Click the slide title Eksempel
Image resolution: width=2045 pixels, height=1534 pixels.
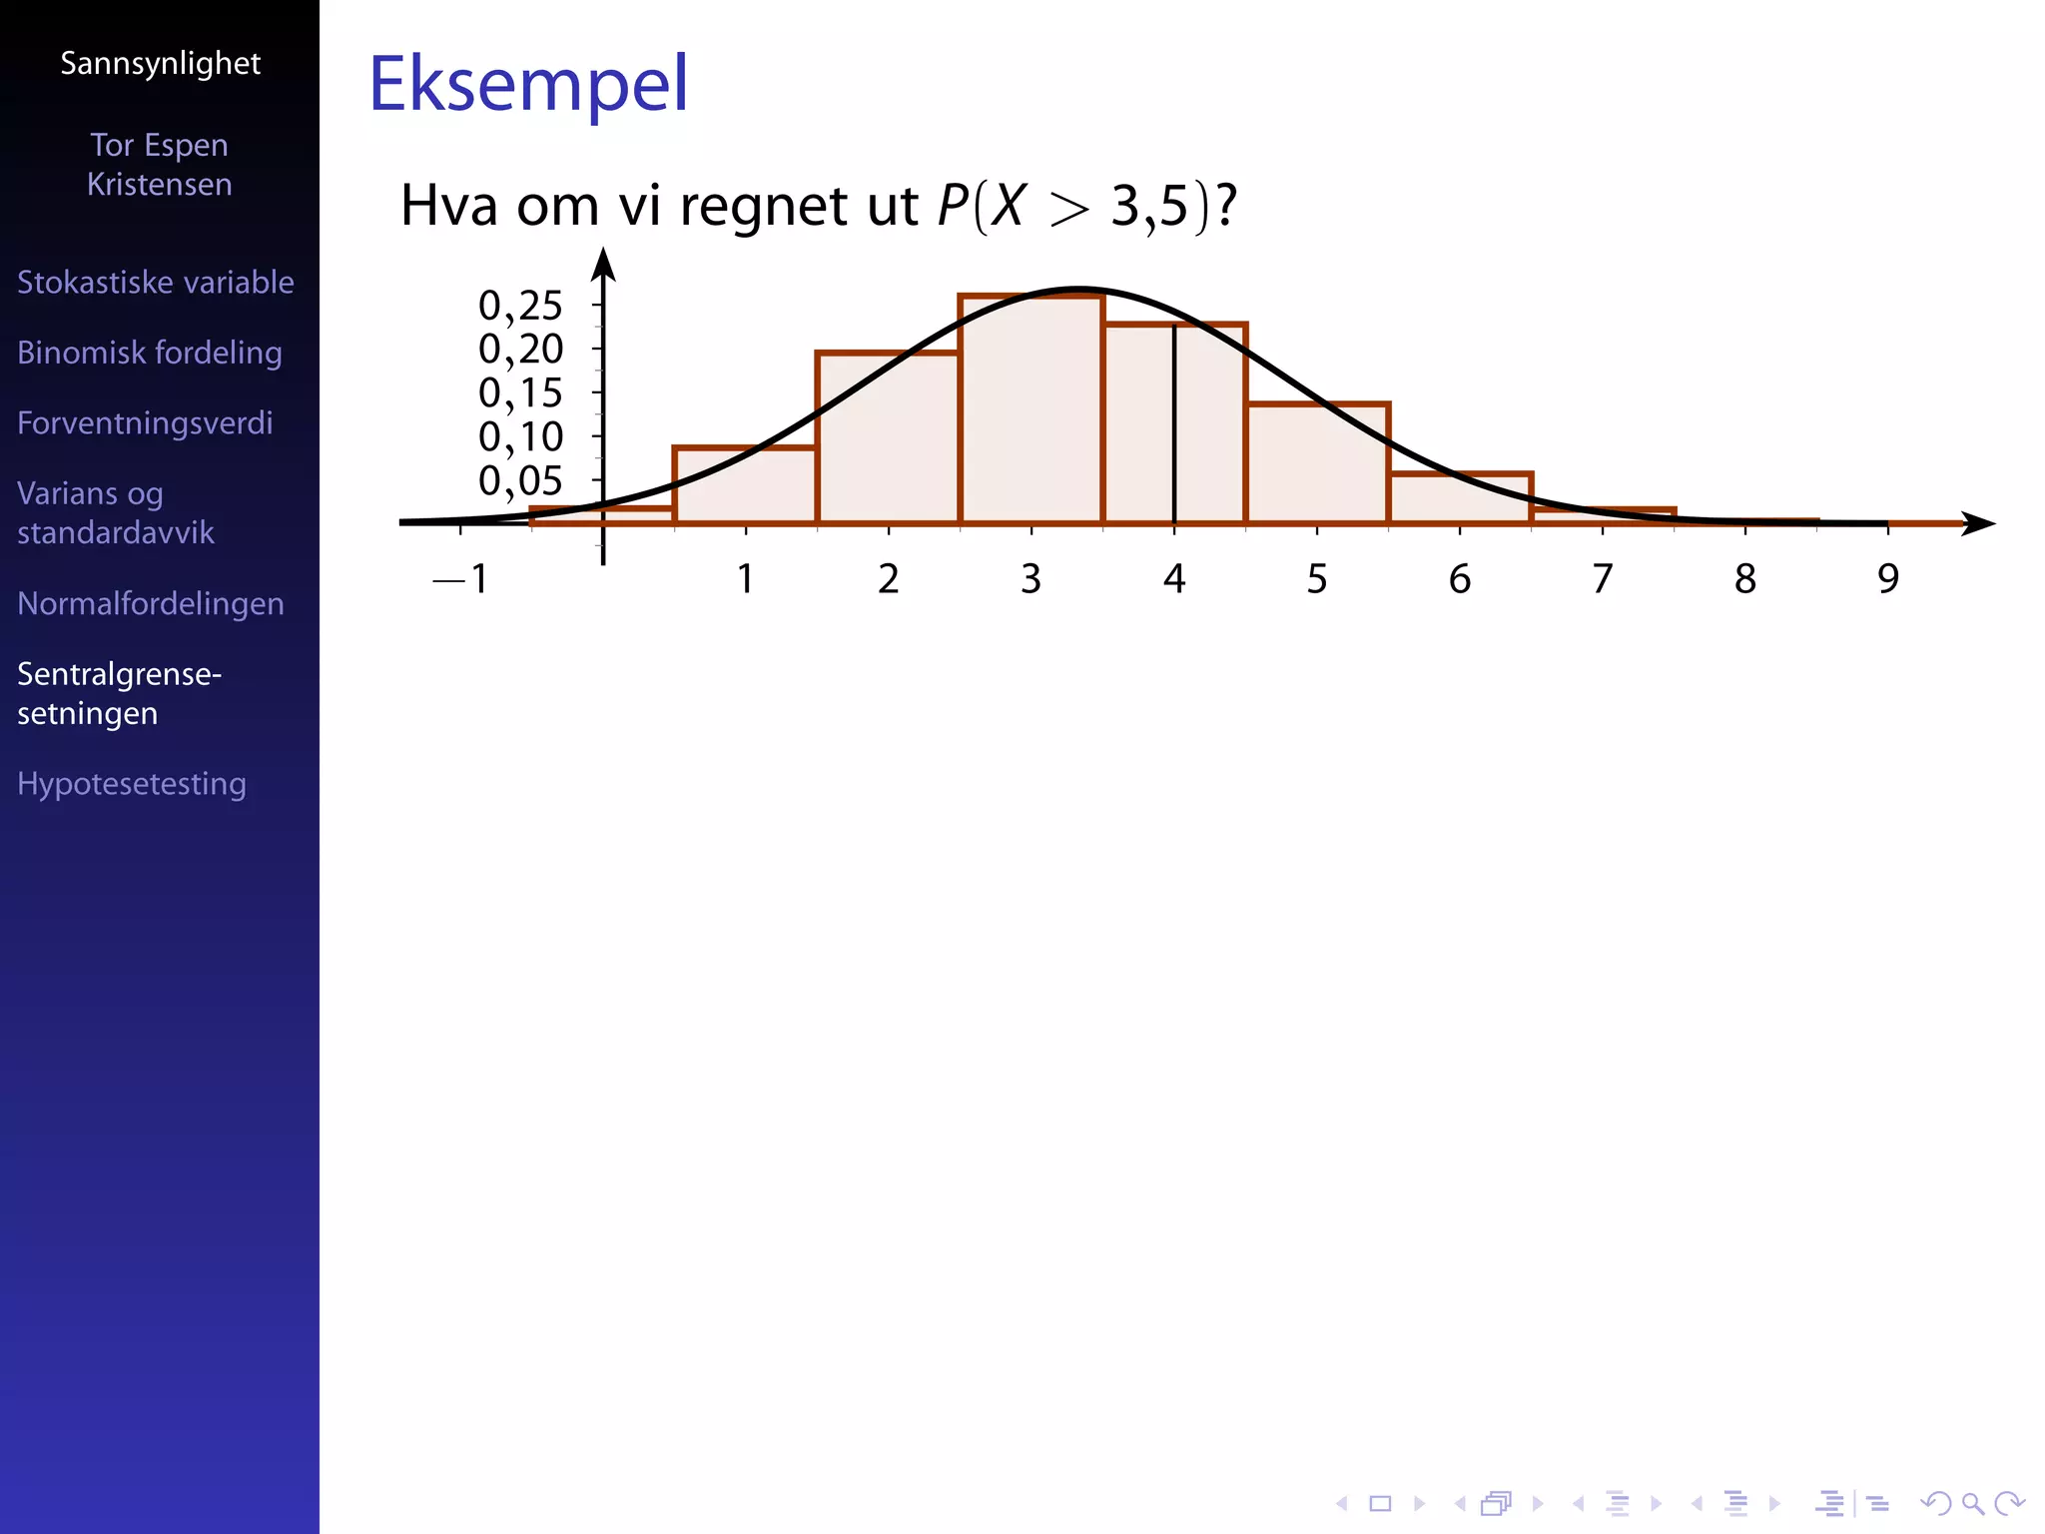(528, 84)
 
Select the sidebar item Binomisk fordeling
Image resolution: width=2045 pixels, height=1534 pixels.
(150, 353)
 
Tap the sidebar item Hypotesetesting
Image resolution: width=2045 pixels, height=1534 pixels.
(132, 784)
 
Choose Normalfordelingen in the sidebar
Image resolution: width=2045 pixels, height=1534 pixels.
(151, 604)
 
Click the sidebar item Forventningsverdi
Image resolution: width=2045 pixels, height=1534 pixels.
(145, 423)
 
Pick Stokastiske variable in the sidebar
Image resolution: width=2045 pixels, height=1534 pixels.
(156, 283)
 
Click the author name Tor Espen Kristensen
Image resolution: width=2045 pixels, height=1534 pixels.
(160, 165)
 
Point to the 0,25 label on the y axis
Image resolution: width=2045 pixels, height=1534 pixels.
(520, 306)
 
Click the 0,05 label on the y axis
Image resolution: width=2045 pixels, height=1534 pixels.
(520, 481)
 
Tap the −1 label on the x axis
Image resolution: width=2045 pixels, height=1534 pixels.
(460, 579)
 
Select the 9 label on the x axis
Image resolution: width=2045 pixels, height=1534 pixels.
(1887, 579)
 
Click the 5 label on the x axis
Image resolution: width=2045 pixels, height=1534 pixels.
(1316, 579)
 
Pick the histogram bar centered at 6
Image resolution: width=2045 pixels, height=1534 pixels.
(1459, 498)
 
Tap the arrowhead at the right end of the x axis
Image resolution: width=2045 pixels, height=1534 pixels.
(1978, 523)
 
